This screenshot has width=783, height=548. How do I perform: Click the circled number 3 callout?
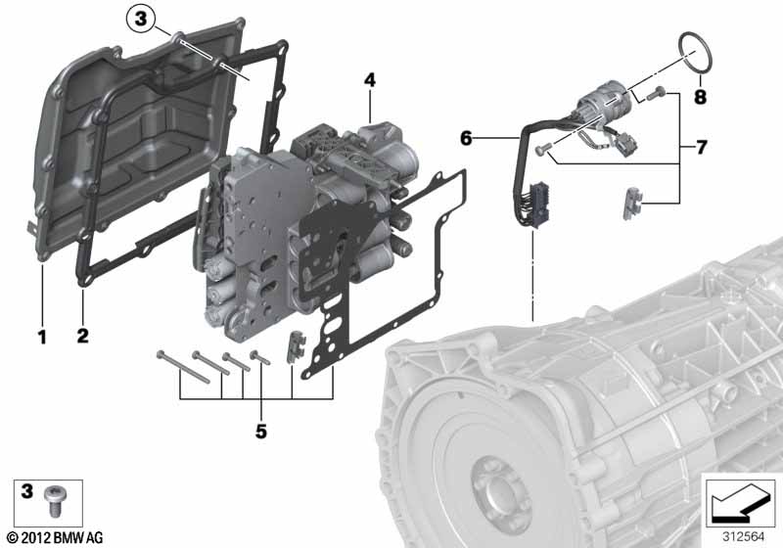[141, 19]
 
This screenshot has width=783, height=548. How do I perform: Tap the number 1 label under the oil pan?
[42, 337]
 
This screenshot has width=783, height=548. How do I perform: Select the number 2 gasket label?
[82, 336]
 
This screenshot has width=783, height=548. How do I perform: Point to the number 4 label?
[370, 80]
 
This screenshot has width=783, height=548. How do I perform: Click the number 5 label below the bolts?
[261, 432]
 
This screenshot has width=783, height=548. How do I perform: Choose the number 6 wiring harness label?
[466, 138]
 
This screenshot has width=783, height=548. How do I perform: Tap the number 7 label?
[701, 147]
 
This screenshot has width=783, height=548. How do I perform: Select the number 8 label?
[700, 96]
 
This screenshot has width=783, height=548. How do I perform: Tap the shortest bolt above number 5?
[259, 357]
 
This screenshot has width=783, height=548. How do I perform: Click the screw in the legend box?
[53, 501]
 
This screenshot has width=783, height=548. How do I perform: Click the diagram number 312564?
[743, 537]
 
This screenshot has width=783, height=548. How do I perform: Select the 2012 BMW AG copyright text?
[55, 537]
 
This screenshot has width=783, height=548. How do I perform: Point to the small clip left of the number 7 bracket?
[630, 205]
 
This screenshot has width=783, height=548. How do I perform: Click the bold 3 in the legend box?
[26, 491]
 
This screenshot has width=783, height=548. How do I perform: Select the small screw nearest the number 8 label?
[655, 93]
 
